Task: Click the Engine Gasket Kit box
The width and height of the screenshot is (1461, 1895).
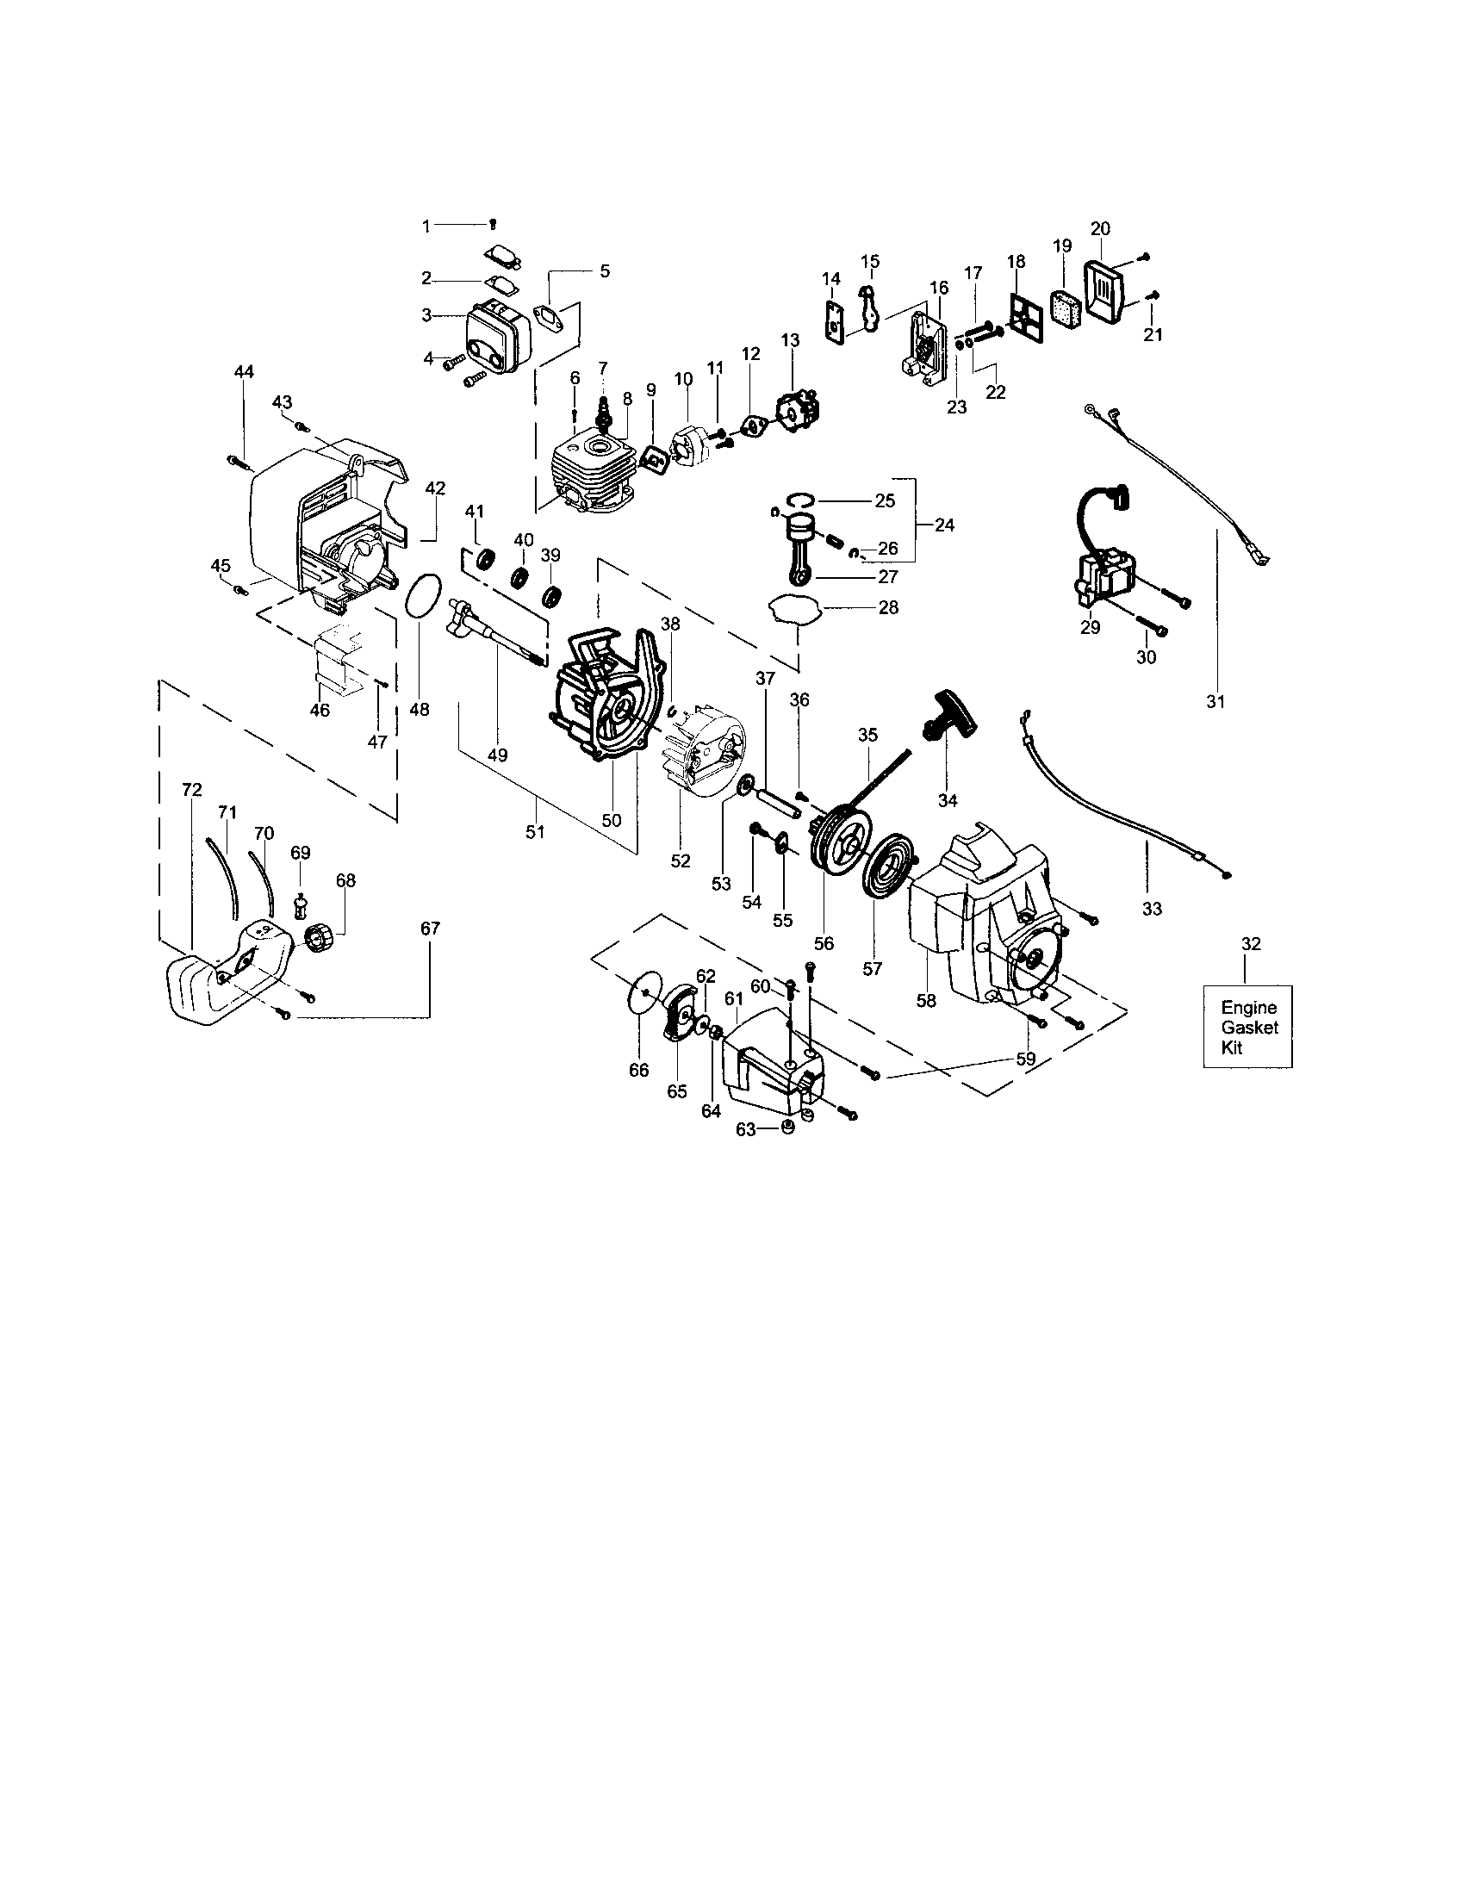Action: [1247, 1026]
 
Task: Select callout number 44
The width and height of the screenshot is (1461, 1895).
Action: [244, 372]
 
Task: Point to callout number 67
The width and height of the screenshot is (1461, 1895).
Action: [430, 929]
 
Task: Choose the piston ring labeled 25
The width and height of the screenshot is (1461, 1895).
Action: [801, 499]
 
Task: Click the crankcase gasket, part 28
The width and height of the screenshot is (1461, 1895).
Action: [794, 608]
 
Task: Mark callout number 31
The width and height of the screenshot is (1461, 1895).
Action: [1215, 702]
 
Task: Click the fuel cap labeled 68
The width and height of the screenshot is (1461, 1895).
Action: [320, 938]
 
